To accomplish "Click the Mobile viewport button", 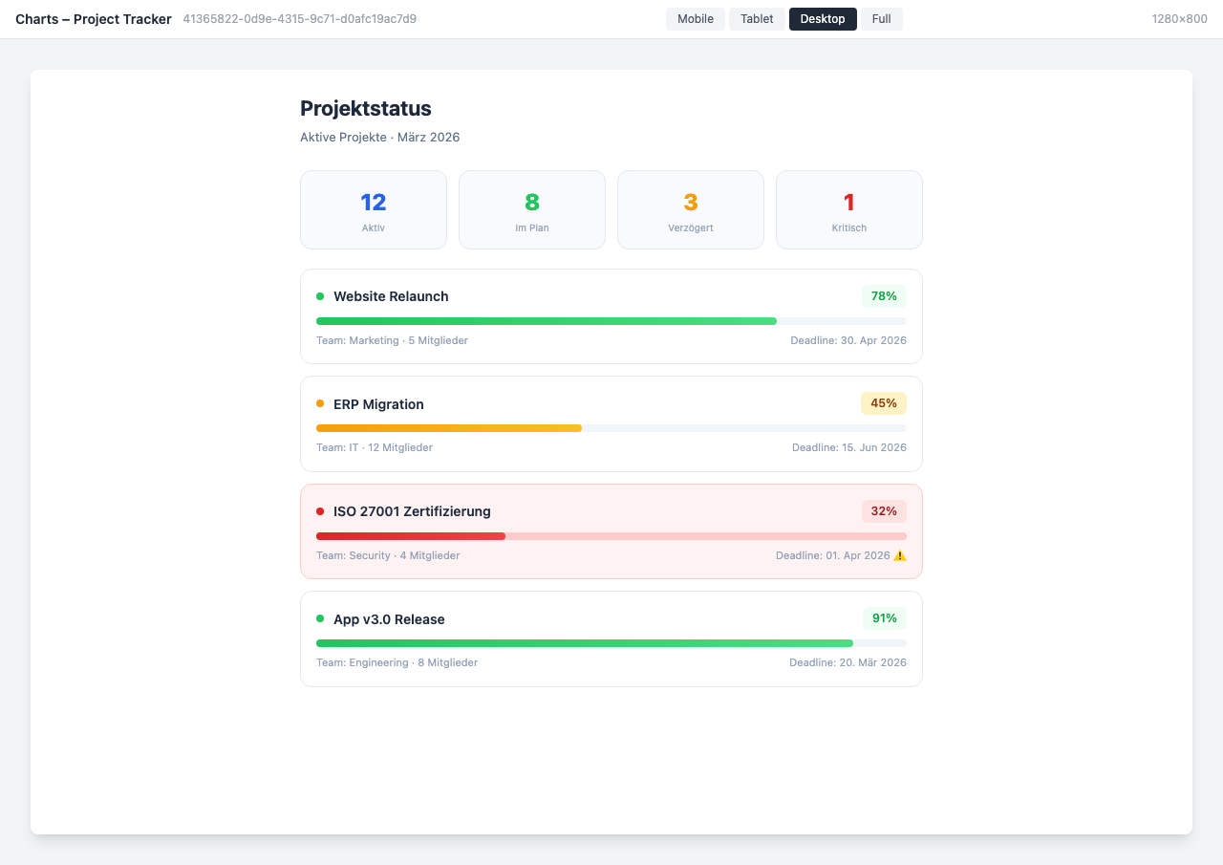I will tap(696, 19).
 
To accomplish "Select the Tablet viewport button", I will tap(757, 19).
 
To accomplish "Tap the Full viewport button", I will tap(881, 19).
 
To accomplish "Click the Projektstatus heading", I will tap(366, 108).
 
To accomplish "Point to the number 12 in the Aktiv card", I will tap(374, 203).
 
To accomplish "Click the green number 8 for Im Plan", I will tap(532, 203).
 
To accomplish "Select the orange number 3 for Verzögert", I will tap(691, 203).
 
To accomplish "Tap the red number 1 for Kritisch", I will tap(849, 203).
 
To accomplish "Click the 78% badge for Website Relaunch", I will tap(884, 296).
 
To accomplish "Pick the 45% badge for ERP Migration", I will tap(884, 403).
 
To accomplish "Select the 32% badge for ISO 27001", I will tap(884, 511).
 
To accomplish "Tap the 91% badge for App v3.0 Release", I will tap(884, 618).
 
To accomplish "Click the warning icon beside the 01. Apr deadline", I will tap(900, 555).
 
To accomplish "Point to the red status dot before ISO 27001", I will tap(320, 511).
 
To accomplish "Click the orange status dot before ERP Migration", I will tap(320, 403).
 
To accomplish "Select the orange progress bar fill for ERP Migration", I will tap(449, 428).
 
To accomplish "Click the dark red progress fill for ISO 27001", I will tap(411, 536).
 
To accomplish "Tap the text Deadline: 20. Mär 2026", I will tap(848, 662).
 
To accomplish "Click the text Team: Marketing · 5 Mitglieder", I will tap(392, 340).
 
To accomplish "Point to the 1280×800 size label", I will tap(1179, 19).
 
